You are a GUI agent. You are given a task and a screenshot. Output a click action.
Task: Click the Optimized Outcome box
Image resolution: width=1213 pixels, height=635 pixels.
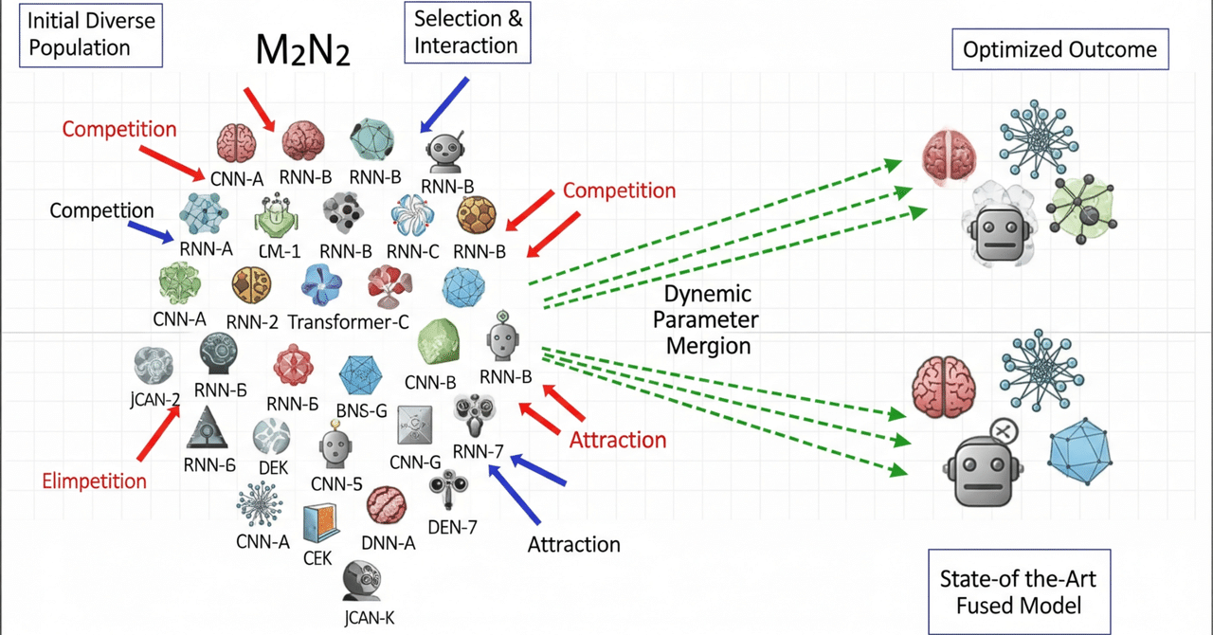click(1059, 49)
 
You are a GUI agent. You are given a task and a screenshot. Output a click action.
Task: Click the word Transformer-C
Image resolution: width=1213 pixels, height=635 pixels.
click(348, 321)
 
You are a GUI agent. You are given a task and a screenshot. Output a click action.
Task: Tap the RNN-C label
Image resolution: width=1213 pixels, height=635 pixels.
click(413, 251)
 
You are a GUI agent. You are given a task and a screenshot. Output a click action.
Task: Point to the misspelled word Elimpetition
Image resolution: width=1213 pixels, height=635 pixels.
click(94, 481)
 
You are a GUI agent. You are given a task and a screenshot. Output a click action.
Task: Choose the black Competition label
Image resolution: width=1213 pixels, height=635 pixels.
click(101, 209)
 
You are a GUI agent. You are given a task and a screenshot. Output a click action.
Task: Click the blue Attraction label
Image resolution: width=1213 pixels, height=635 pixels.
click(573, 544)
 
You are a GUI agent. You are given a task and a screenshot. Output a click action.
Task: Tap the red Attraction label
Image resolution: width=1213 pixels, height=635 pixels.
click(618, 440)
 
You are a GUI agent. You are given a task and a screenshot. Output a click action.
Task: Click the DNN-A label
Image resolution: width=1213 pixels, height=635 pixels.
click(389, 543)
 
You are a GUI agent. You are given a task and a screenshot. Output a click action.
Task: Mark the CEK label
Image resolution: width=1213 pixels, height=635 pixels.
click(317, 558)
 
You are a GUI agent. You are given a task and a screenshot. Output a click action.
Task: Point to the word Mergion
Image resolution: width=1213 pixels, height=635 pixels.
click(708, 345)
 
